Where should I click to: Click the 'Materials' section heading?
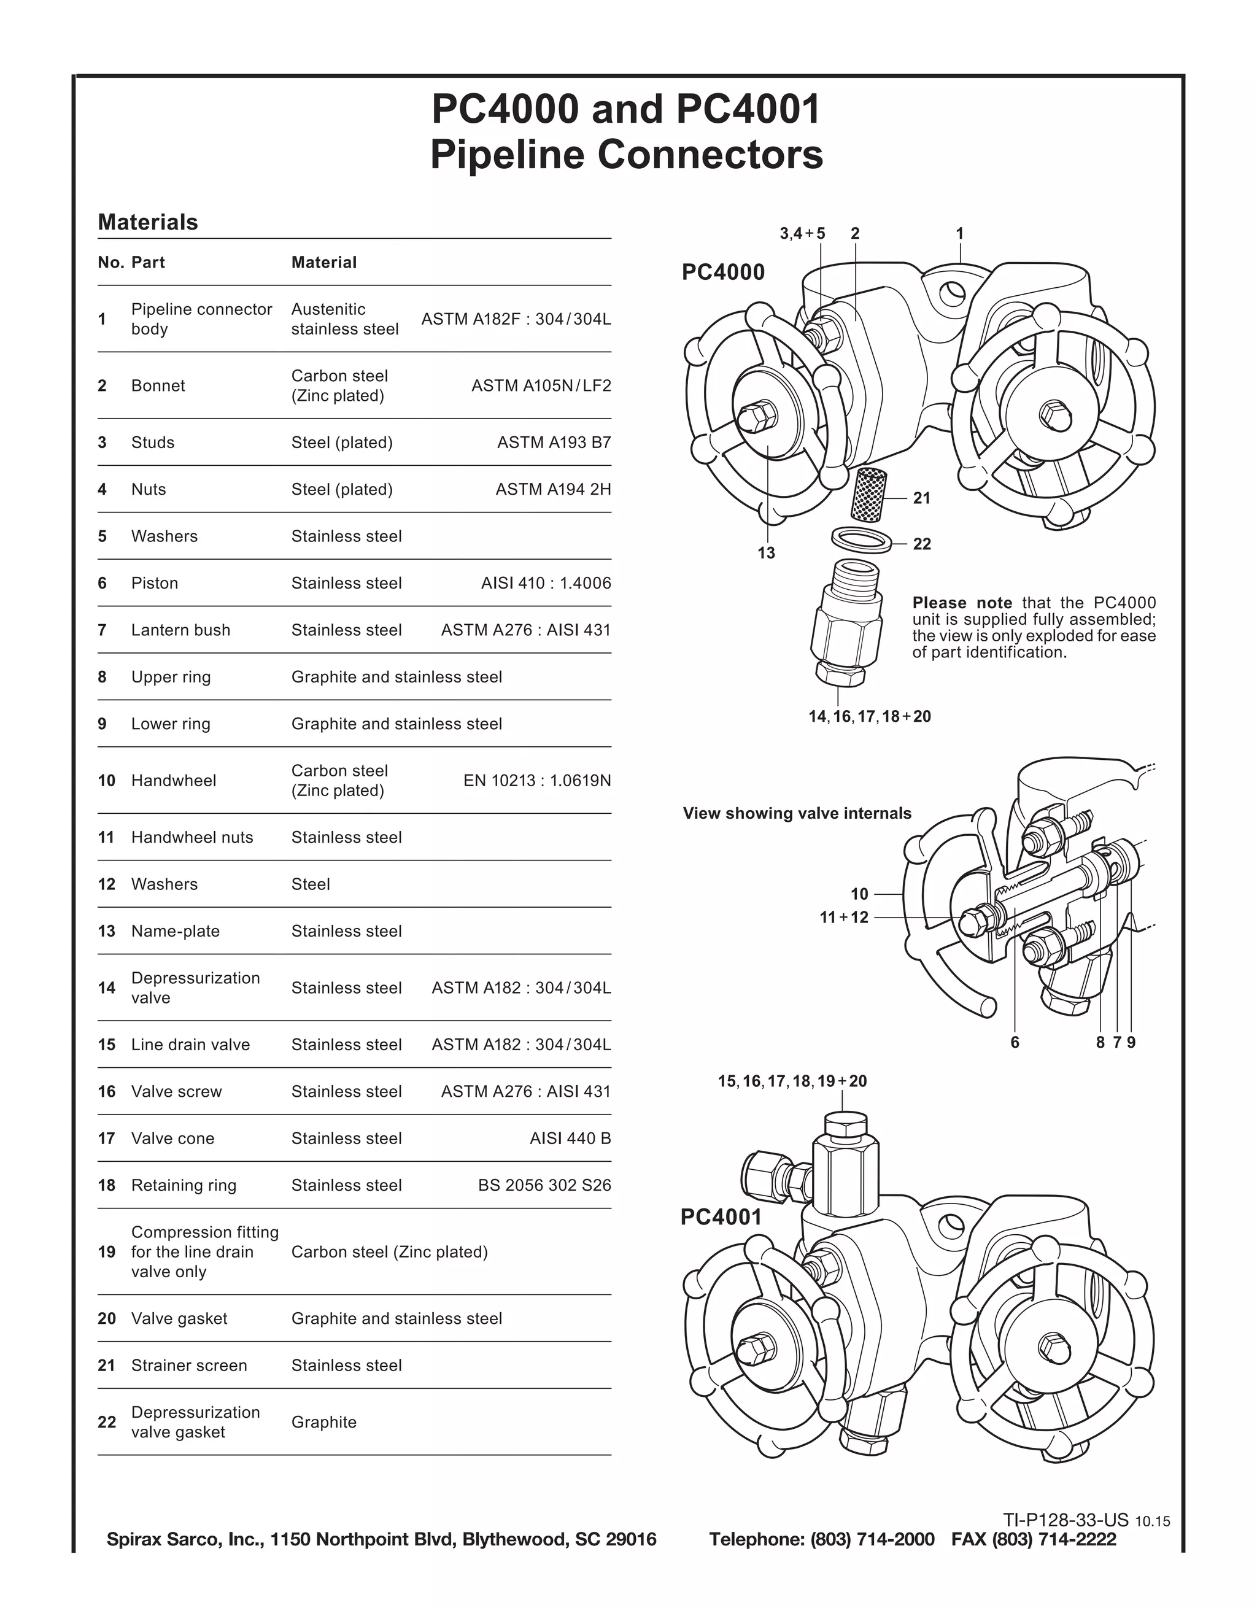tap(147, 222)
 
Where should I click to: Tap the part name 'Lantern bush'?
tap(180, 630)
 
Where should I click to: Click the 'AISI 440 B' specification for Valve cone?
tap(570, 1138)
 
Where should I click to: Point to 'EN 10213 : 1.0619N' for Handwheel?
tap(537, 781)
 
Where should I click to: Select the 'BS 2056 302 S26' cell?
tap(544, 1185)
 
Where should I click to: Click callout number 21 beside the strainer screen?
tap(921, 498)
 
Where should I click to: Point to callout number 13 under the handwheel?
tap(766, 553)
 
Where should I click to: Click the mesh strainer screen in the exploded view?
tap(870, 493)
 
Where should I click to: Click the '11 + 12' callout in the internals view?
tap(844, 918)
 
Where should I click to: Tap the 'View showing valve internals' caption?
tap(797, 814)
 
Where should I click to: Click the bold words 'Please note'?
tap(962, 603)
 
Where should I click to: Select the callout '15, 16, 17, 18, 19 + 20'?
tap(792, 1081)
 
